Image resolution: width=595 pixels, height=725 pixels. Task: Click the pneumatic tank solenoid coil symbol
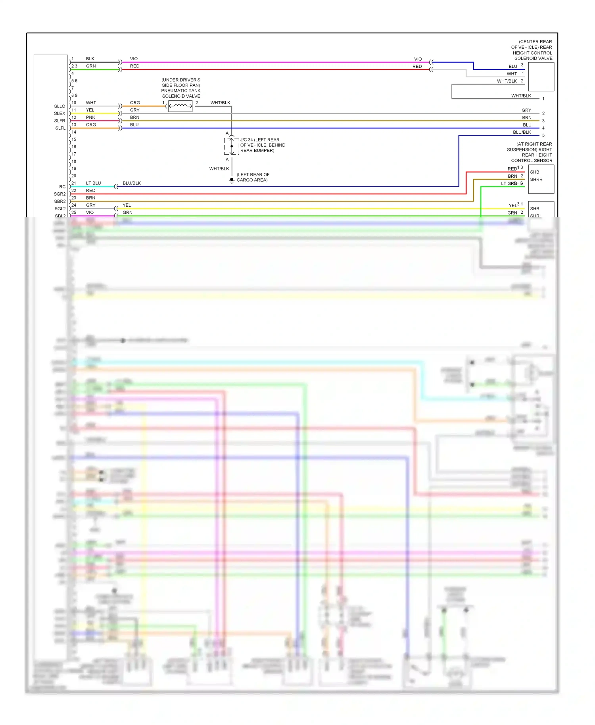[x=180, y=106]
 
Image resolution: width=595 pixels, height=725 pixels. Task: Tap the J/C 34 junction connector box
[x=232, y=146]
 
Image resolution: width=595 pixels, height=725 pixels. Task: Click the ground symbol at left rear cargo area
[x=232, y=180]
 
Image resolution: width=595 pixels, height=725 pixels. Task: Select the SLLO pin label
[x=59, y=106]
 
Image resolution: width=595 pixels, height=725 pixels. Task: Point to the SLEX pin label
[x=59, y=113]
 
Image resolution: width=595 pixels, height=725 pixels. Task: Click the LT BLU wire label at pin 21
[x=93, y=183]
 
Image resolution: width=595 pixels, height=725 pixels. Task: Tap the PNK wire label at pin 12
[x=90, y=117]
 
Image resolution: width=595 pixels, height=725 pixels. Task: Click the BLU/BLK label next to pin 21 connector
[x=132, y=183]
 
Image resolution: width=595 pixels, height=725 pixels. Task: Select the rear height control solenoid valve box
[x=541, y=77]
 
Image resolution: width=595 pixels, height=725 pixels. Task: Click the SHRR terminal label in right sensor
[x=536, y=180]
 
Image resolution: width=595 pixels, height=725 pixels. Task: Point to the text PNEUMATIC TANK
[x=181, y=91]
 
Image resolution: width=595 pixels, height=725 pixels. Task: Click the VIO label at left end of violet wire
[x=134, y=59]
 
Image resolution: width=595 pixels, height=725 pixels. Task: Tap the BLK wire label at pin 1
[x=90, y=59]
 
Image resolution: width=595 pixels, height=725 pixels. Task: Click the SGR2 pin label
[x=59, y=194]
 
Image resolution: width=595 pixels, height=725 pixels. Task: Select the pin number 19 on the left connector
[x=74, y=169]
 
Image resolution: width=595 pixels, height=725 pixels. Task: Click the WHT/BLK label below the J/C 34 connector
[x=219, y=169]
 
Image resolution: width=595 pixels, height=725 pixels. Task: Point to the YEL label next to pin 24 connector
[x=127, y=205]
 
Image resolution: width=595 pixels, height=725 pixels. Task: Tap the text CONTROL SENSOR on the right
[x=532, y=161]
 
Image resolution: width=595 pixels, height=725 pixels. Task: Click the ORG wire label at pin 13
[x=91, y=125]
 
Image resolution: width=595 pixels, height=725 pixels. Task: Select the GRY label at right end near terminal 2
[x=526, y=110]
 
